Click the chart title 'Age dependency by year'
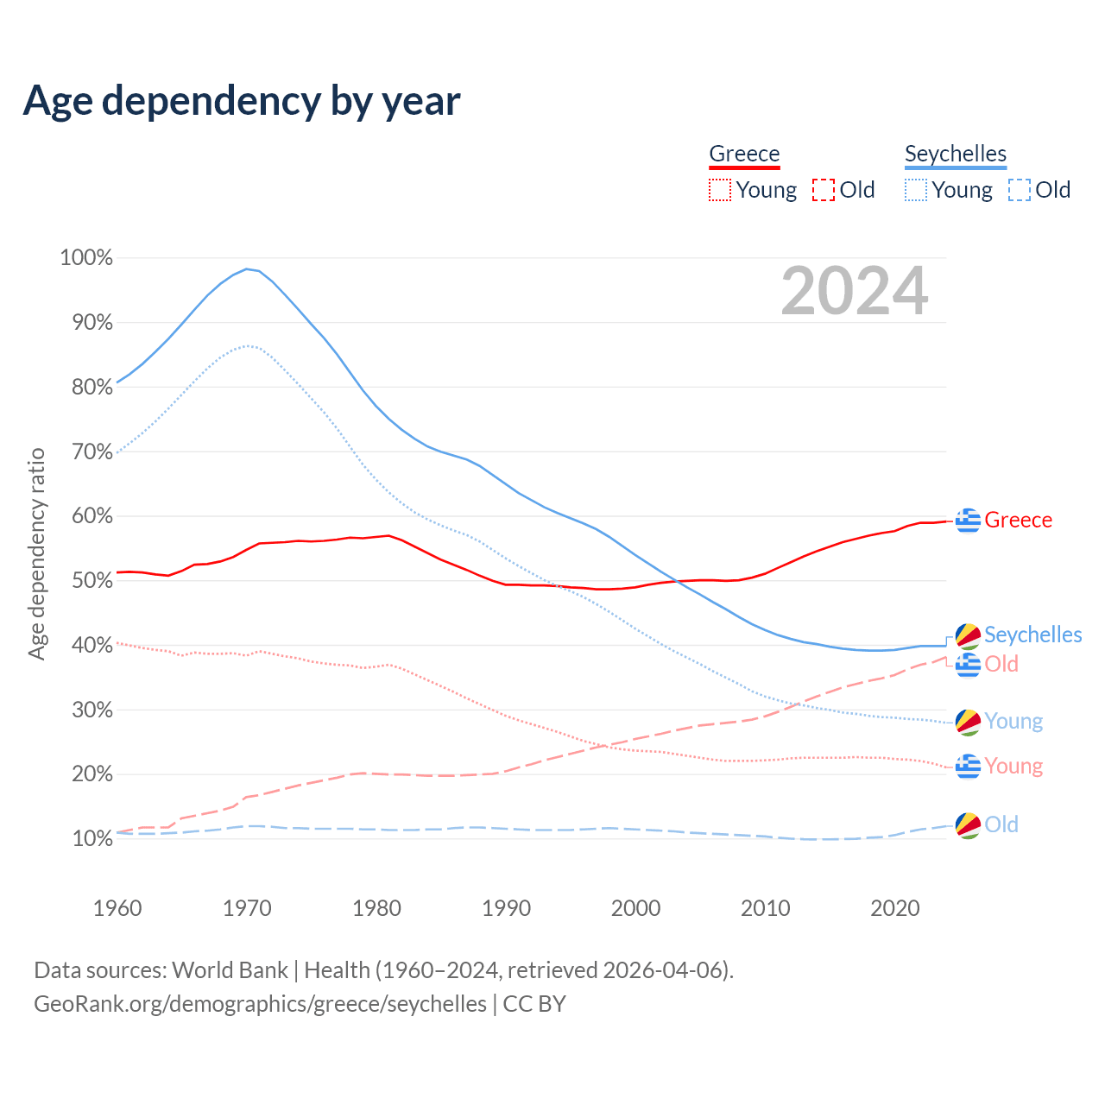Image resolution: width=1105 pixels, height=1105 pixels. [242, 101]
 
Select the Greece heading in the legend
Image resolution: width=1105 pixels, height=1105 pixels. [744, 154]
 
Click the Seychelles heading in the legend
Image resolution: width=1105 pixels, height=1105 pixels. [956, 154]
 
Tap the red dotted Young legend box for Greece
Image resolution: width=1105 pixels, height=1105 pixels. [720, 190]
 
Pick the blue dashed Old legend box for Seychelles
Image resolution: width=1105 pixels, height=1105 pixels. [1020, 190]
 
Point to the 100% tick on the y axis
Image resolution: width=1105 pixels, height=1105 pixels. [86, 257]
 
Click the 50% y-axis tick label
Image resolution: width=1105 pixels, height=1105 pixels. [86, 580]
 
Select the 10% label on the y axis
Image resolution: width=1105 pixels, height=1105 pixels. [86, 838]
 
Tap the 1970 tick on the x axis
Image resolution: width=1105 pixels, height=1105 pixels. [247, 908]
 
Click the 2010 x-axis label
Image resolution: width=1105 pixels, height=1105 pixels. [766, 908]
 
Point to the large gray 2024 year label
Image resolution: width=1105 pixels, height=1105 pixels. [855, 291]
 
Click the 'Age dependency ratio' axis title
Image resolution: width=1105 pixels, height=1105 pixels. [36, 553]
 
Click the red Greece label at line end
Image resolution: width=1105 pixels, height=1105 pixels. [1018, 521]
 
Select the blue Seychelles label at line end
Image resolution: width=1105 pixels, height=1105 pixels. [1032, 635]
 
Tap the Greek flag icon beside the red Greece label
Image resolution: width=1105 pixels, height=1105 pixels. [969, 521]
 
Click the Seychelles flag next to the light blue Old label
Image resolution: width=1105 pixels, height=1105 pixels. [969, 825]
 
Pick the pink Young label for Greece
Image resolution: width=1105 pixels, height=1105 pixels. [1013, 767]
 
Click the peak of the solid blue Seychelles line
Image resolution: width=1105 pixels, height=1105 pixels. [247, 269]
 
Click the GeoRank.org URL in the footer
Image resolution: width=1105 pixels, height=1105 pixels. [260, 1004]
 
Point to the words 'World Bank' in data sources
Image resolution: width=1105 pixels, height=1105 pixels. [230, 970]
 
